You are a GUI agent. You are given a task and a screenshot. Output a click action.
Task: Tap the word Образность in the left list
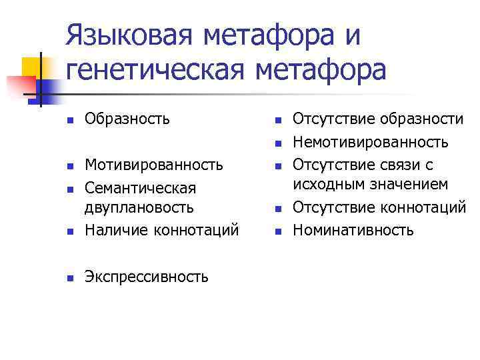[127, 119]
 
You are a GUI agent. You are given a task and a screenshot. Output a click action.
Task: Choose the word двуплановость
[139, 208]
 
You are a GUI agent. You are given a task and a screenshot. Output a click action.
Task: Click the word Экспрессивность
[146, 276]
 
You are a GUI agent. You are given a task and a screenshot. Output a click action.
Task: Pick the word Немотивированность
[371, 142]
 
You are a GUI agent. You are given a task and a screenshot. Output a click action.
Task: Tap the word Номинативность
[354, 231]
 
